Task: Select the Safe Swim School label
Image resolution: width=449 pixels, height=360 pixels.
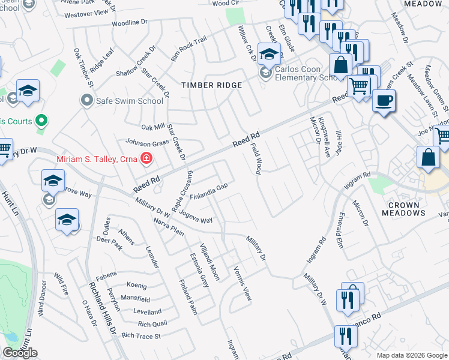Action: pyautogui.click(x=130, y=101)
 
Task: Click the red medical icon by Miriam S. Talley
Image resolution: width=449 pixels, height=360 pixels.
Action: pyautogui.click(x=145, y=158)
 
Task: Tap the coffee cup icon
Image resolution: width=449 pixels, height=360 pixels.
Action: pyautogui.click(x=384, y=100)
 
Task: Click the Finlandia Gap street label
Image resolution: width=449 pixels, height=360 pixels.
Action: pyautogui.click(x=208, y=191)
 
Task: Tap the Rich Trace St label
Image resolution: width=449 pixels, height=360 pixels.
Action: pyautogui.click(x=141, y=336)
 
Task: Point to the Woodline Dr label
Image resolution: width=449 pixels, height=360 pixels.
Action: pyautogui.click(x=129, y=22)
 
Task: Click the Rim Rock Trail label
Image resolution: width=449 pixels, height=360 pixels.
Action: pyautogui.click(x=188, y=49)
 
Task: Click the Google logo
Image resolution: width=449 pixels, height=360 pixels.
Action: pyautogui.click(x=20, y=353)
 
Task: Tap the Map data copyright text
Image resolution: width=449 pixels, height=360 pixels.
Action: pyautogui.click(x=412, y=355)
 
